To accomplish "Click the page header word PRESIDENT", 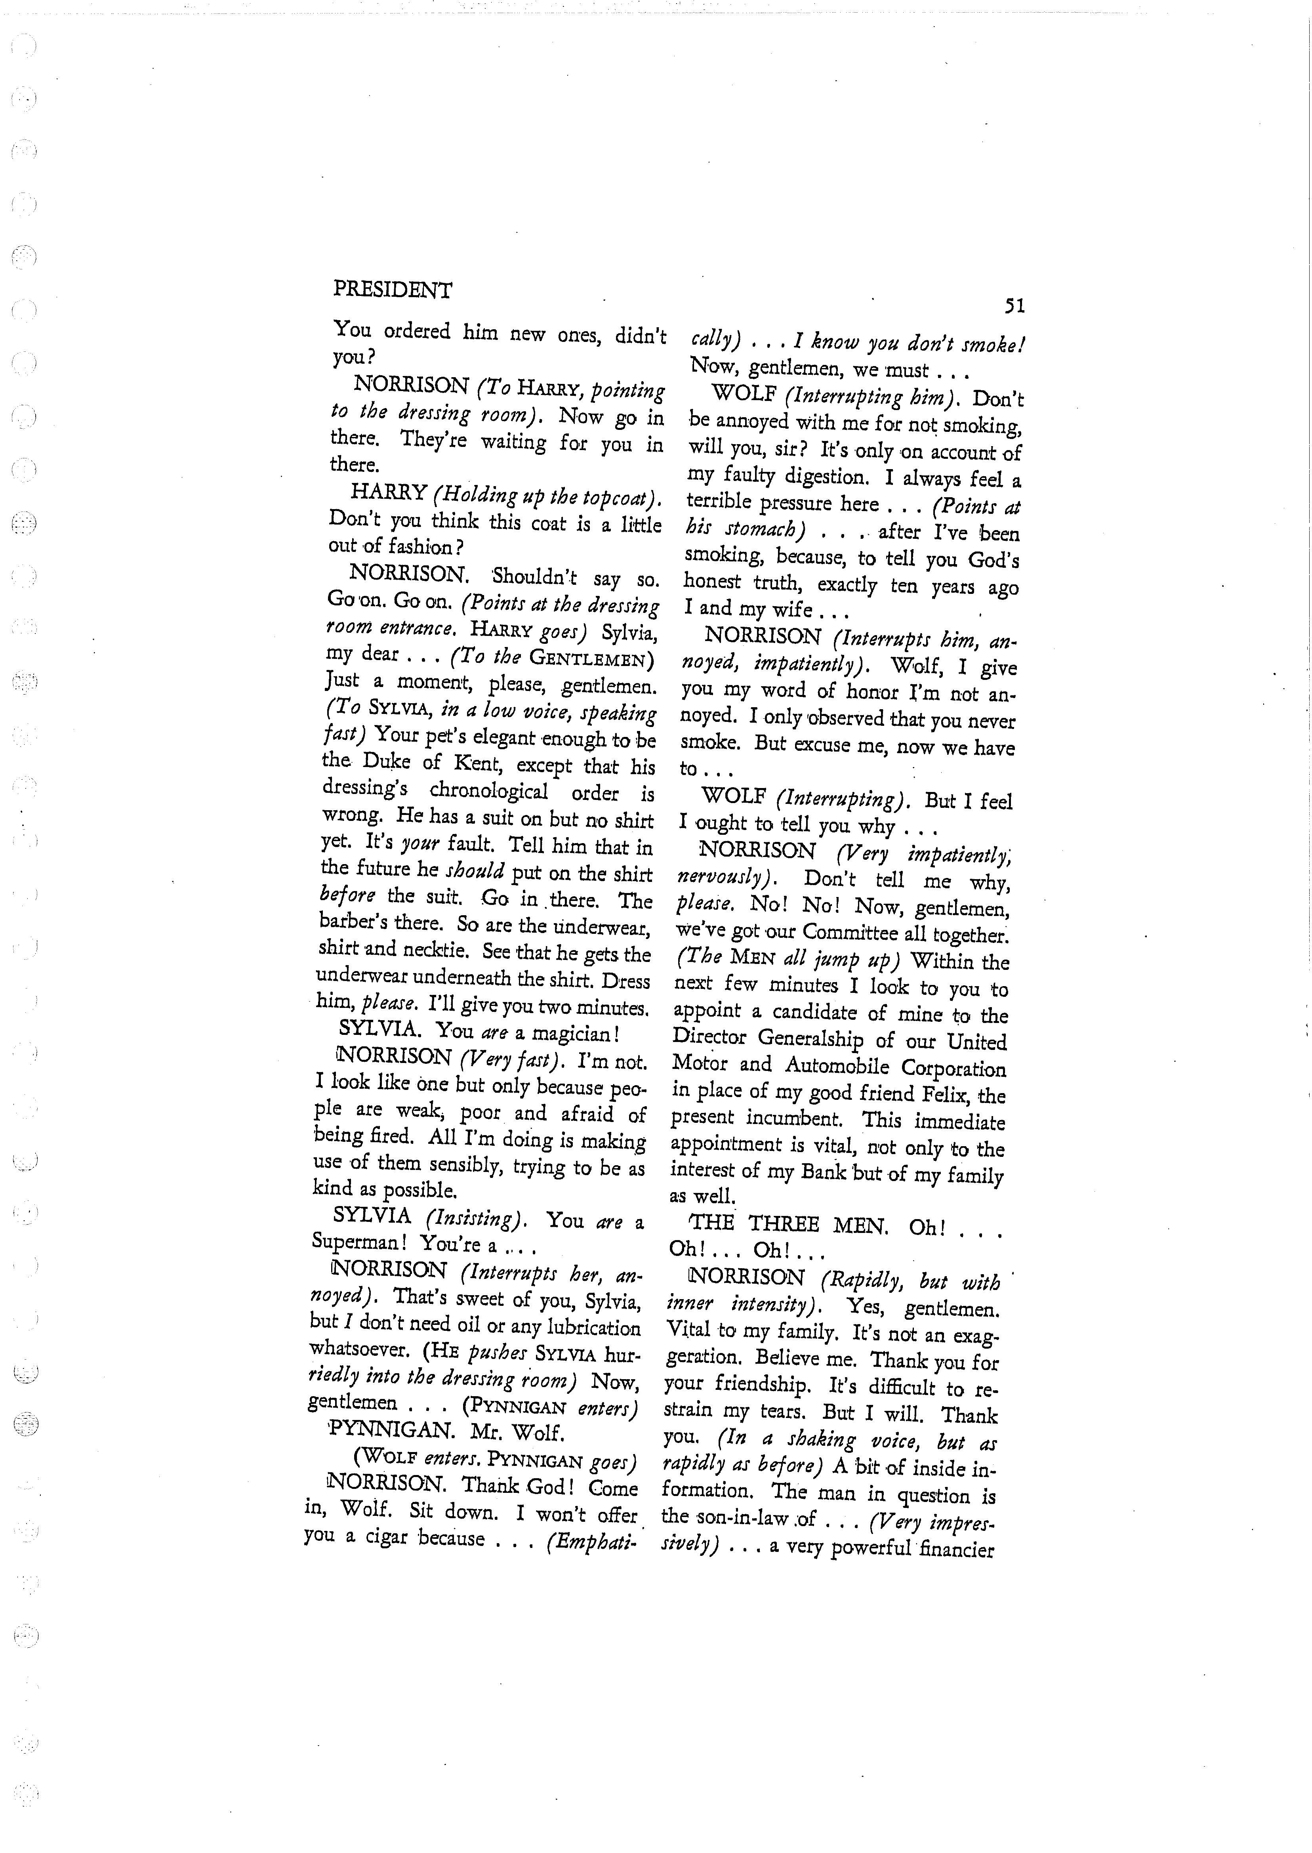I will [393, 290].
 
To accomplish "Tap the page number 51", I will [1015, 306].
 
